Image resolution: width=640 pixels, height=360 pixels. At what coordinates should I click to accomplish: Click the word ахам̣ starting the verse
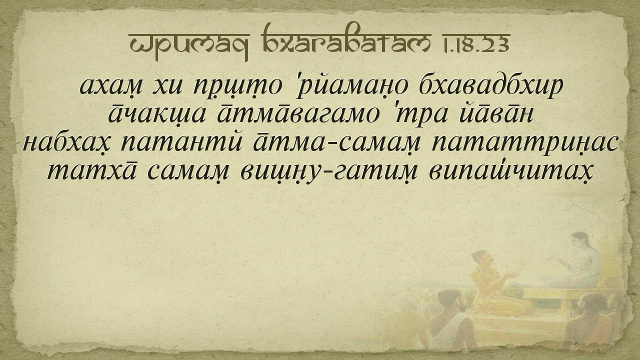[x=111, y=85]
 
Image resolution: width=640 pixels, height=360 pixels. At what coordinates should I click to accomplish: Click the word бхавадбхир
[x=491, y=85]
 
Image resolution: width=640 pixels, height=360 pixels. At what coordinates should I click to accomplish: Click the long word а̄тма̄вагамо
[x=298, y=114]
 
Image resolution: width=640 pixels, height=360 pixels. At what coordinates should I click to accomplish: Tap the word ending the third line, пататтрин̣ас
[x=524, y=143]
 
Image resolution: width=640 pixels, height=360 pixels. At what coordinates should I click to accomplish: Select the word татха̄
[x=91, y=171]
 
